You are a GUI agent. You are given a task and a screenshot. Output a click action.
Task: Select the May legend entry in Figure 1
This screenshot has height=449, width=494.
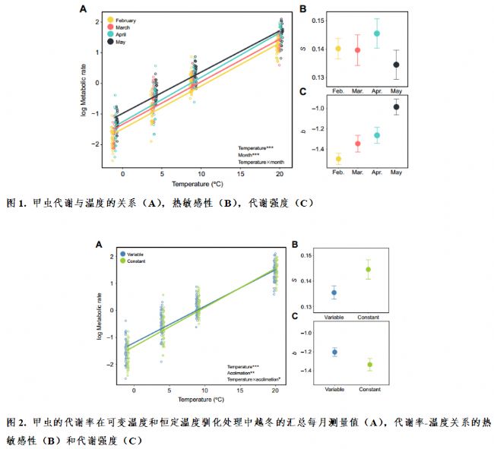tap(119, 43)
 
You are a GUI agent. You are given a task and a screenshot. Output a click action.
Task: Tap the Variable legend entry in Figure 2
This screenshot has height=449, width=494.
tap(133, 254)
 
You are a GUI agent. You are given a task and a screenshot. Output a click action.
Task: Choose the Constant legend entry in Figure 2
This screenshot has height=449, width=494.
tap(134, 261)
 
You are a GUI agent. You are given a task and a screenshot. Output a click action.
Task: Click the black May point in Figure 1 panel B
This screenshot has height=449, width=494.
tap(396, 65)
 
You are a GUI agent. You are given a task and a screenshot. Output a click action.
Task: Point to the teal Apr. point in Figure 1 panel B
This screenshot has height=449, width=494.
tap(377, 33)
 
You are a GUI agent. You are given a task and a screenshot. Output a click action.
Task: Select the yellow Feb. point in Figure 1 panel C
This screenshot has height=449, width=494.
tap(338, 159)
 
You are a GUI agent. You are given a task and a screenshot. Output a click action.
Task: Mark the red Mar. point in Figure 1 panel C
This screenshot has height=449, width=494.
tap(358, 144)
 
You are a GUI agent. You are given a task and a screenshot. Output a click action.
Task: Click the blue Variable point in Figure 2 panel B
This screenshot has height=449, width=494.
tap(335, 292)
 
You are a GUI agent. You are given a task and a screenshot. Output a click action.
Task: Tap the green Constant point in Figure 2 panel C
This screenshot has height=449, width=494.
tap(369, 365)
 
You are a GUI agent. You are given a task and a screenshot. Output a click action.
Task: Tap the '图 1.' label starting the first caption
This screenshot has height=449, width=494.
tap(17, 203)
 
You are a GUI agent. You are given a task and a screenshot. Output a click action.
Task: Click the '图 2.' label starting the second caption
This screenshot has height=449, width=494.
tap(17, 422)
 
